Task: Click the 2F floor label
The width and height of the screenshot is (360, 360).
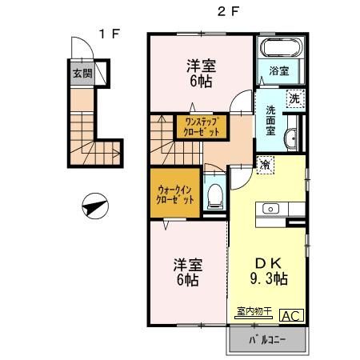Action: coord(230,11)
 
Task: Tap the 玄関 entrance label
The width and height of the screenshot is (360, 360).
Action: coord(82,74)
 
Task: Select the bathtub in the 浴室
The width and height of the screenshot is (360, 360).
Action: coord(279,48)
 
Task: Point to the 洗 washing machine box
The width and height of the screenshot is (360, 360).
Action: coord(294,99)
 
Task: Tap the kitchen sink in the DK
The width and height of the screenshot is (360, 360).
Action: coord(270,210)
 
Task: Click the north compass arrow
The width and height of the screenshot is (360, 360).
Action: coord(94,207)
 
